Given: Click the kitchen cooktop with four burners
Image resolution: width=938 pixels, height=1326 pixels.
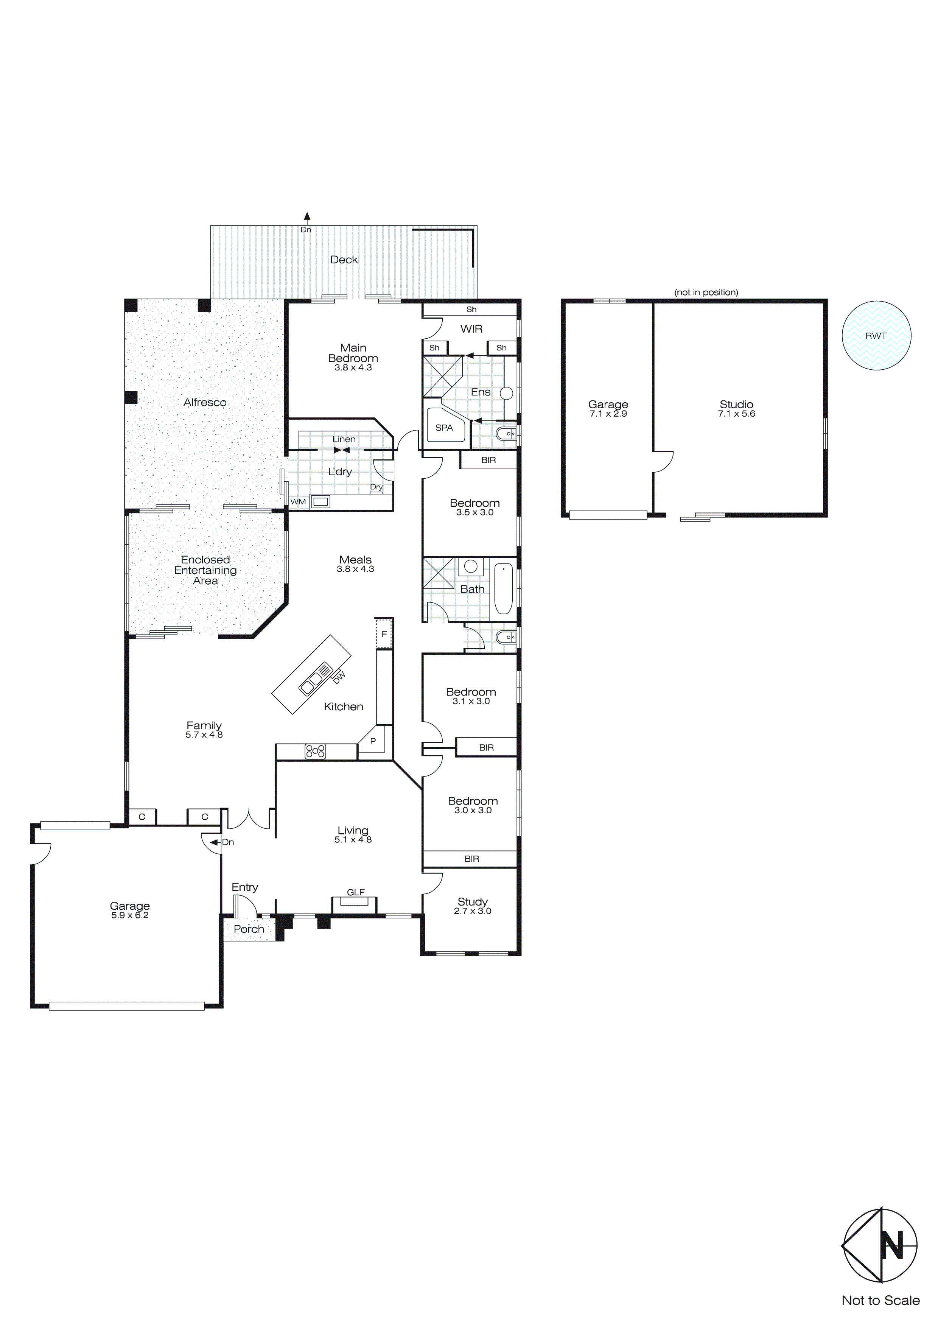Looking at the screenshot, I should [315, 751].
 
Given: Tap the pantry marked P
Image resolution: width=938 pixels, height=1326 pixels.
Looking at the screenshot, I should [373, 741].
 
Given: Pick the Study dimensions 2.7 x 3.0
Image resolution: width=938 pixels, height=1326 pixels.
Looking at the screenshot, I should [473, 911].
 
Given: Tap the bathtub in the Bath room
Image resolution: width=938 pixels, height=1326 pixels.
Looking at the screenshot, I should [503, 588].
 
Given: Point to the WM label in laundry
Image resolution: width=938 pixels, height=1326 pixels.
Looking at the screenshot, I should [298, 501].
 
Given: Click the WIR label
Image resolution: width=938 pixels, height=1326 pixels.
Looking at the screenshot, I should [471, 328].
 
